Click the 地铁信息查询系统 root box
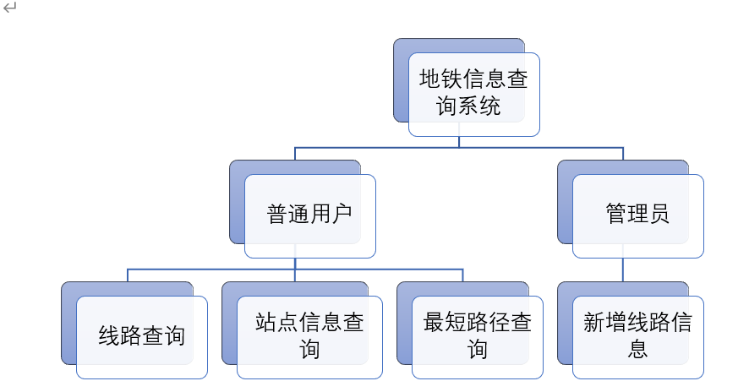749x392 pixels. click(473, 94)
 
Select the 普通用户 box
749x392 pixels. click(310, 215)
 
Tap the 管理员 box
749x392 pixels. click(637, 215)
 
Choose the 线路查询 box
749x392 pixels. click(142, 336)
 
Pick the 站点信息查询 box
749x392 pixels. click(309, 336)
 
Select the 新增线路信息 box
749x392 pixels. click(637, 336)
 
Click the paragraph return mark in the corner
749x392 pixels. click(9, 8)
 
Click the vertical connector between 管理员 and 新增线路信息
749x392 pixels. click(623, 269)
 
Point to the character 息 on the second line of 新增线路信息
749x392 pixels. click(637, 349)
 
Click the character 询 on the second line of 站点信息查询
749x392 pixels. click(309, 349)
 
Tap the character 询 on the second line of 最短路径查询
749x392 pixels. click(478, 349)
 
